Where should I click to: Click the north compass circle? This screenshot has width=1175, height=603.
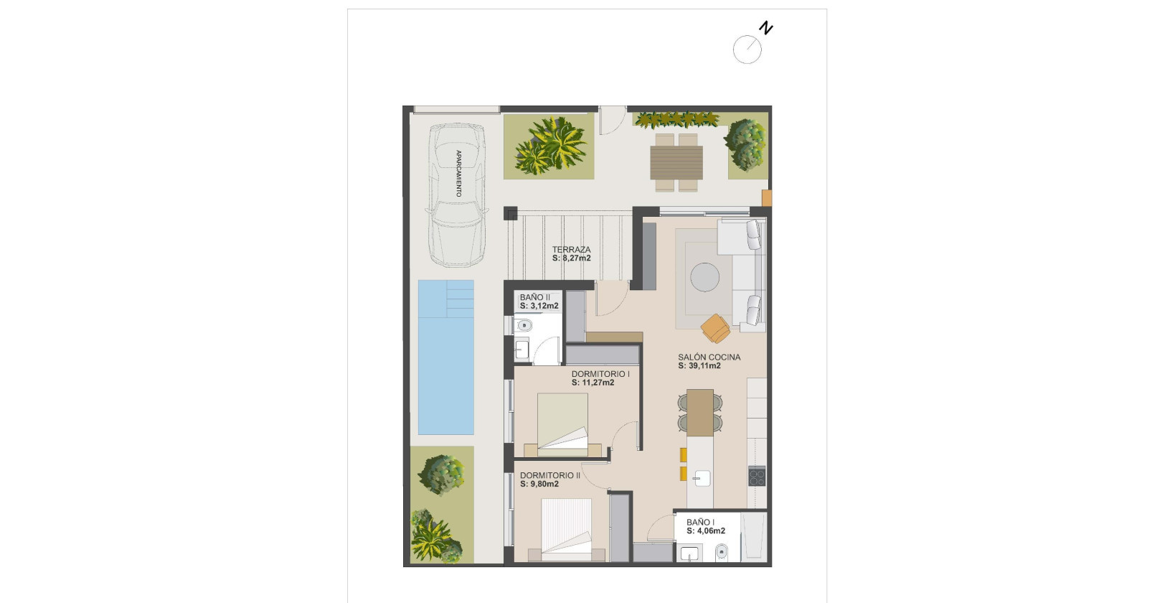(x=747, y=50)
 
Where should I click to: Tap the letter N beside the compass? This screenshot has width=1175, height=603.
(x=766, y=29)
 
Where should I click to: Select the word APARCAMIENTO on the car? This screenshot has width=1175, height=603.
(x=458, y=174)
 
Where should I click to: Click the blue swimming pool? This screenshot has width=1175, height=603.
(x=445, y=357)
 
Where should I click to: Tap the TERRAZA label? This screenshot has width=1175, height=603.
(x=572, y=250)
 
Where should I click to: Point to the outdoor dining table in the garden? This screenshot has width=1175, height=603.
(x=676, y=162)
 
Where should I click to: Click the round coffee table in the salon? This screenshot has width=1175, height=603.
(x=705, y=277)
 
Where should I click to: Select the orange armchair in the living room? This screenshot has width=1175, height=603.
(x=716, y=328)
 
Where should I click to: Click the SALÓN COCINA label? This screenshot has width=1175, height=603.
(x=709, y=357)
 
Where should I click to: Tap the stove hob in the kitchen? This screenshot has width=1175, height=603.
(x=757, y=476)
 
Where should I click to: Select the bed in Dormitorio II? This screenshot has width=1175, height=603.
(x=567, y=530)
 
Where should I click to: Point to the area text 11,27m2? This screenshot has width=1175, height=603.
(x=598, y=383)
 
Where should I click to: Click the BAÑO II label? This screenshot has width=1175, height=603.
(x=535, y=297)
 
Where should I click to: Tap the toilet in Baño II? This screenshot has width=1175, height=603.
(x=524, y=326)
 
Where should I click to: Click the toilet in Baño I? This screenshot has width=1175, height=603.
(x=722, y=552)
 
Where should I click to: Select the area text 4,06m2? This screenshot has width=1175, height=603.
(x=710, y=531)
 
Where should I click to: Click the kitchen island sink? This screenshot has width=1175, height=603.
(x=701, y=477)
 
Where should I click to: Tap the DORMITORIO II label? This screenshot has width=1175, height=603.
(x=550, y=475)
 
